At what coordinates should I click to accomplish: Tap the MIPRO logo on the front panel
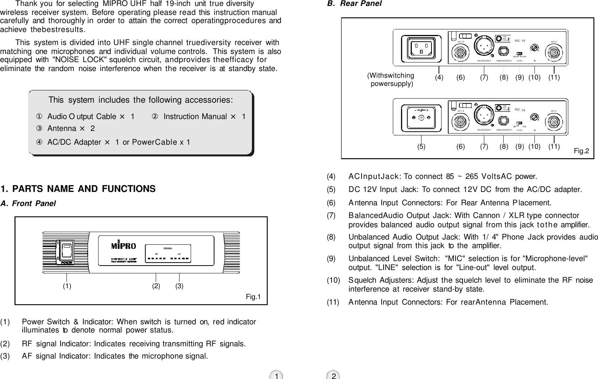click(x=124, y=246)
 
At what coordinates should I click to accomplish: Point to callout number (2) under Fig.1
click(x=156, y=286)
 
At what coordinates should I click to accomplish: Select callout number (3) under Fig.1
click(x=180, y=286)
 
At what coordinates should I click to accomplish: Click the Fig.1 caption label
click(x=253, y=297)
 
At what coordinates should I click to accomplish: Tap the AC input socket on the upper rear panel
click(x=421, y=48)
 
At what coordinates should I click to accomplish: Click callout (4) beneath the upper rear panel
click(x=439, y=77)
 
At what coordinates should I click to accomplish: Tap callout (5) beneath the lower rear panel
click(x=421, y=147)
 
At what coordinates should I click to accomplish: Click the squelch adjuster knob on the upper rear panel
click(x=534, y=48)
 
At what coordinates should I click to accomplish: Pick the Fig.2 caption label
click(x=581, y=151)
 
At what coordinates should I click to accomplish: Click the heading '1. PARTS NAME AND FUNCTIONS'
click(x=78, y=189)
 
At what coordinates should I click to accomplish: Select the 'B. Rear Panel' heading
click(x=354, y=4)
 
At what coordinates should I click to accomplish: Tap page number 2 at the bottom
click(x=334, y=376)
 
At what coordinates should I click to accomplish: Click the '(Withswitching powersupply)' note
click(x=391, y=80)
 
